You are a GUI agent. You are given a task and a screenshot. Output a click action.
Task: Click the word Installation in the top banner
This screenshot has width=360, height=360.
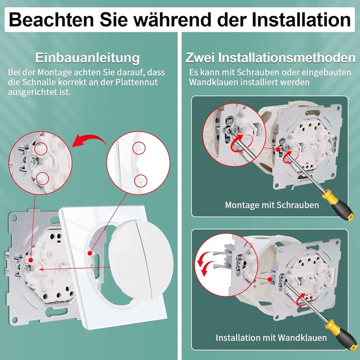[301, 20]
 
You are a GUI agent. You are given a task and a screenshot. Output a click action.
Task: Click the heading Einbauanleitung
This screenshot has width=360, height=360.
[87, 58]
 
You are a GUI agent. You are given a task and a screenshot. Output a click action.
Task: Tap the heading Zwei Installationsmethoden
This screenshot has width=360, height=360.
[270, 58]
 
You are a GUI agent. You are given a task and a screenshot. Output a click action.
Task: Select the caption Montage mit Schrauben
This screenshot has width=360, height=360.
[272, 205]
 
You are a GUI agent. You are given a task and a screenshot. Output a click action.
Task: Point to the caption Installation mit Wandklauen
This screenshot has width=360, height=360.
[271, 338]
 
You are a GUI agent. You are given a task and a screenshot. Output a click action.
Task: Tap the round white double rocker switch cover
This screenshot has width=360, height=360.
[141, 260]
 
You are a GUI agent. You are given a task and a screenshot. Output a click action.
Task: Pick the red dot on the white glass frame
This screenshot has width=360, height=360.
[90, 253]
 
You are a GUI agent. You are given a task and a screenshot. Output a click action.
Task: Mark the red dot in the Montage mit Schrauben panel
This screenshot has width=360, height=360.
[278, 149]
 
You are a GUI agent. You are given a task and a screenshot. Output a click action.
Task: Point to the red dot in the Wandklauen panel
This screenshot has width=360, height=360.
[270, 279]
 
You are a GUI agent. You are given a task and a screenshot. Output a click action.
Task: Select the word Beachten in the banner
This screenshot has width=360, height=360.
[51, 20]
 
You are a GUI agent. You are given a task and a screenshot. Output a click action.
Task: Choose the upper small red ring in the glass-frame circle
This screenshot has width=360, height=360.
[139, 148]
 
